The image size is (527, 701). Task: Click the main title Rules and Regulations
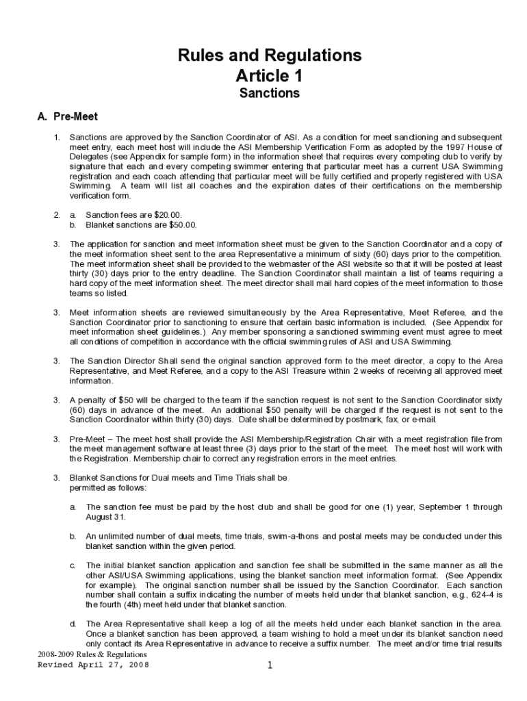point(269,55)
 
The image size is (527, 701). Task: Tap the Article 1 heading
point(269,75)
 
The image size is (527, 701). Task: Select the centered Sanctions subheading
point(269,93)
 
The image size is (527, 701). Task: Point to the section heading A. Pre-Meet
point(67,116)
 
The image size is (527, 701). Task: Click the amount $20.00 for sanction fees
point(168,215)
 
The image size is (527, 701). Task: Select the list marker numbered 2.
point(56,215)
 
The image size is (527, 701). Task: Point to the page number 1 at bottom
point(270,665)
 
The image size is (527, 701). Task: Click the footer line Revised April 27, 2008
point(93,665)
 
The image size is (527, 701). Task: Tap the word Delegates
point(87,157)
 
